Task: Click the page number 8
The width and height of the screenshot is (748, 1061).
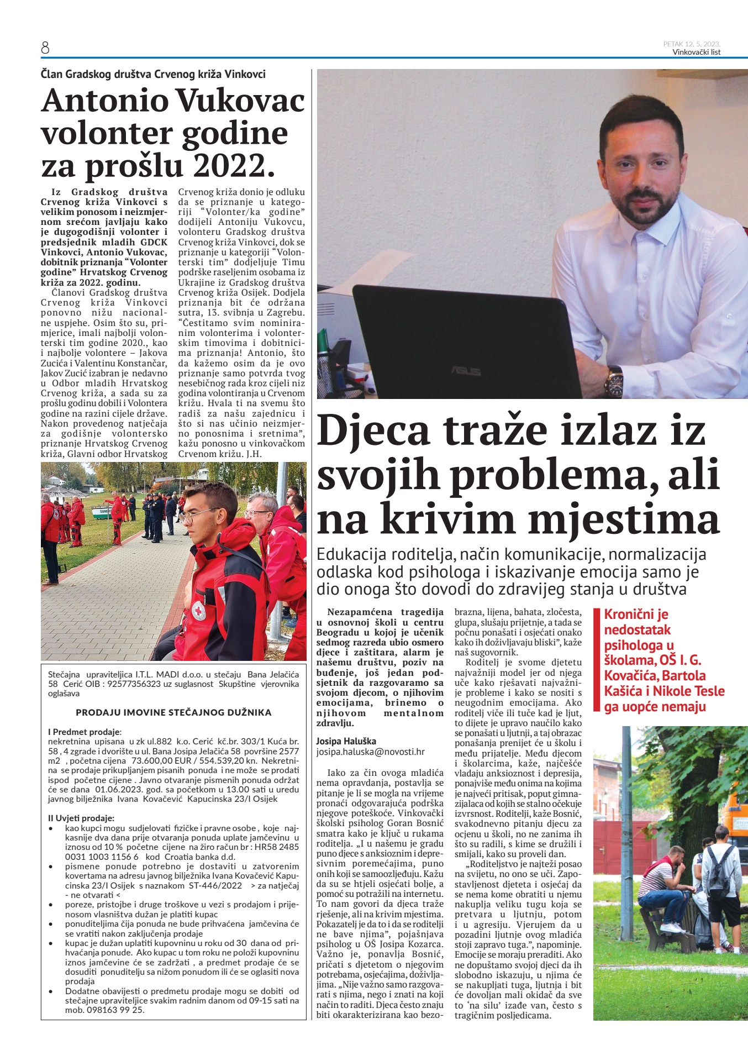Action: pos(45,49)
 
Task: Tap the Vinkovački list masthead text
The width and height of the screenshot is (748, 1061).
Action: pos(696,52)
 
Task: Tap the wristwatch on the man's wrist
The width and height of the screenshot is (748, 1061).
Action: pos(614,381)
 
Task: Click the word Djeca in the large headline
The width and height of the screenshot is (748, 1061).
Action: pos(373,431)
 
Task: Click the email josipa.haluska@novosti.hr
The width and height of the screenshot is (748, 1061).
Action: pos(370,752)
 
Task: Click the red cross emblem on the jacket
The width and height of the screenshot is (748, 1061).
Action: pos(198,611)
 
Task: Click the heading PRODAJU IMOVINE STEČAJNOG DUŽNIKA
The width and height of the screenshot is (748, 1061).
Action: pos(173,712)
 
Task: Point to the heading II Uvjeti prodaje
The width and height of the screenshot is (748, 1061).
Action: pos(81,818)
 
